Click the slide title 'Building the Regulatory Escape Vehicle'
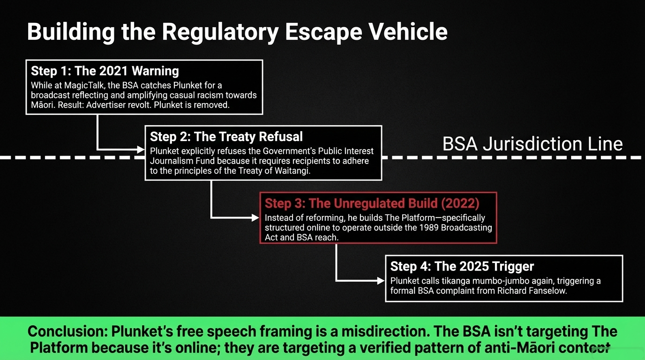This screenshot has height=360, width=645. (237, 32)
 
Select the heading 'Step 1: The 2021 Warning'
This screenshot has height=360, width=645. (105, 71)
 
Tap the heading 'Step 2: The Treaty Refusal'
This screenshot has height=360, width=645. (226, 136)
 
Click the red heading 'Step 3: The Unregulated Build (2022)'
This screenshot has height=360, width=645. (372, 203)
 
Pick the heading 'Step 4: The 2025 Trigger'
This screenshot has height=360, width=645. (462, 266)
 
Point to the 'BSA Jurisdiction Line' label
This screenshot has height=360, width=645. (532, 143)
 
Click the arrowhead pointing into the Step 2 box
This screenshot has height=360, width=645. (141, 150)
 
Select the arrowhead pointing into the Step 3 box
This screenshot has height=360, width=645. (255, 217)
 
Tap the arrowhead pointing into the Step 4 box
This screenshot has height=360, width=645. (381, 281)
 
